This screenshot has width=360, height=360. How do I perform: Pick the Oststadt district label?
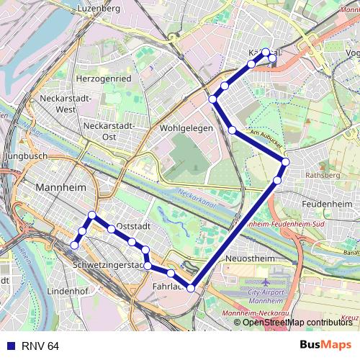pyautogui.click(x=132, y=225)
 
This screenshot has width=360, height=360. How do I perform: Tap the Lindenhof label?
pyautogui.click(x=66, y=292)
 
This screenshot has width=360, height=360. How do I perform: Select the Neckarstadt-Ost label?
pyautogui.click(x=109, y=130)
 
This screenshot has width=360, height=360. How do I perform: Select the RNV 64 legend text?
pyautogui.click(x=40, y=346)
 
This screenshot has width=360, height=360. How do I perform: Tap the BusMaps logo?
pyautogui.click(x=325, y=346)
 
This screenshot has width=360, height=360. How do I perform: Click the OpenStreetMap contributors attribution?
pyautogui.click(x=297, y=322)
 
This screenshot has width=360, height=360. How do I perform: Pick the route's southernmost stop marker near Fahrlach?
pyautogui.click(x=191, y=288)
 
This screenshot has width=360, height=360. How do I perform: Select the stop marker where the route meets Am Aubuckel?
pyautogui.click(x=286, y=162)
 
